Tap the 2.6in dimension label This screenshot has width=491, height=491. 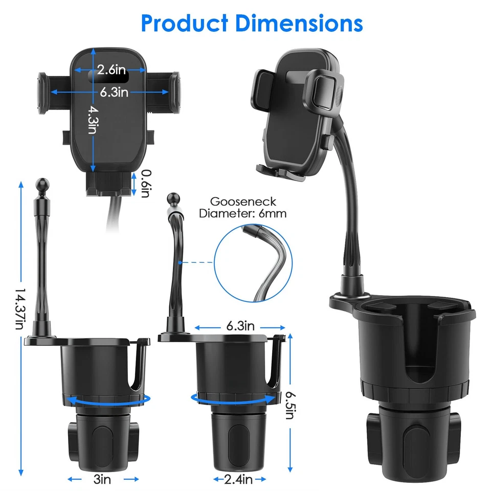point(112,69)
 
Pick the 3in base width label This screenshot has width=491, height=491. point(103,479)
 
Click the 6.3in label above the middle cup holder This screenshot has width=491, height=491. point(240,326)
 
